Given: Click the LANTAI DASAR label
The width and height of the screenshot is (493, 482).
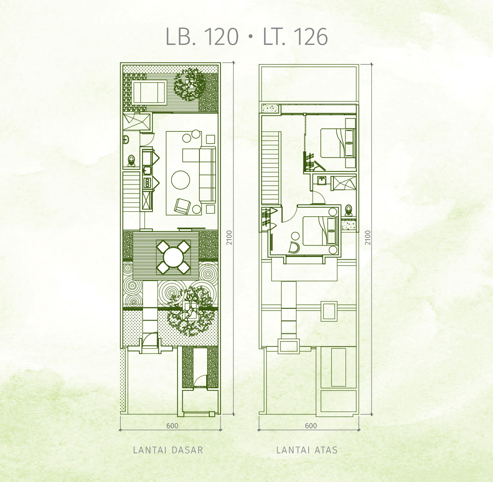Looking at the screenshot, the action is (x=168, y=450).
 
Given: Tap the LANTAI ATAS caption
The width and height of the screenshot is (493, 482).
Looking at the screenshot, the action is (x=307, y=450).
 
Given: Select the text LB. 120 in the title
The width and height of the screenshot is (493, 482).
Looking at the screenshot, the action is (x=202, y=36).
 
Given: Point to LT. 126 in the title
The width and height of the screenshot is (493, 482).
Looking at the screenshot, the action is (x=295, y=36).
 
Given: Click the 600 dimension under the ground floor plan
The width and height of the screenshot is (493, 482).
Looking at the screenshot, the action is (x=172, y=425).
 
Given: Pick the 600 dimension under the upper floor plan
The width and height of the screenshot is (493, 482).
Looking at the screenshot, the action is (x=311, y=425).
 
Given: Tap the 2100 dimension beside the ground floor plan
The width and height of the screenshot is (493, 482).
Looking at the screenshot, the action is (x=229, y=238).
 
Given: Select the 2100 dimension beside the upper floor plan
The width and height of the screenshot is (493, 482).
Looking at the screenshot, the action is (x=368, y=238).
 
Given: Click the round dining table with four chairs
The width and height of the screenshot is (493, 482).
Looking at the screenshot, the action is (x=173, y=257).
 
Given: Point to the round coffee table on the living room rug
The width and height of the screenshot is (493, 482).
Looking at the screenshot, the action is (x=181, y=180).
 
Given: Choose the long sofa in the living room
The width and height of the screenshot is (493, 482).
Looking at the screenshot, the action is (x=208, y=174).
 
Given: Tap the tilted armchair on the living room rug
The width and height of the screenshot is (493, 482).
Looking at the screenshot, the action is (x=182, y=206).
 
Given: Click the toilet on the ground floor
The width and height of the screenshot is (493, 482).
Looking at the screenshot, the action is (x=131, y=160).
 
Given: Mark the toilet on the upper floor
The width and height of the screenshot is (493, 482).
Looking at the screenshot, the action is (x=348, y=209).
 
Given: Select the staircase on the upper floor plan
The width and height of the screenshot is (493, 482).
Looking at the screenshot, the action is (x=270, y=168).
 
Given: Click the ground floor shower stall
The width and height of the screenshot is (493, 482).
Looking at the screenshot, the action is (x=136, y=121).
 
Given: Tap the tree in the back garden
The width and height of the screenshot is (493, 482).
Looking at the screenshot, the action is (x=190, y=84).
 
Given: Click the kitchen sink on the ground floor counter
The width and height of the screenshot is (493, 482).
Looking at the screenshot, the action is (x=147, y=171).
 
